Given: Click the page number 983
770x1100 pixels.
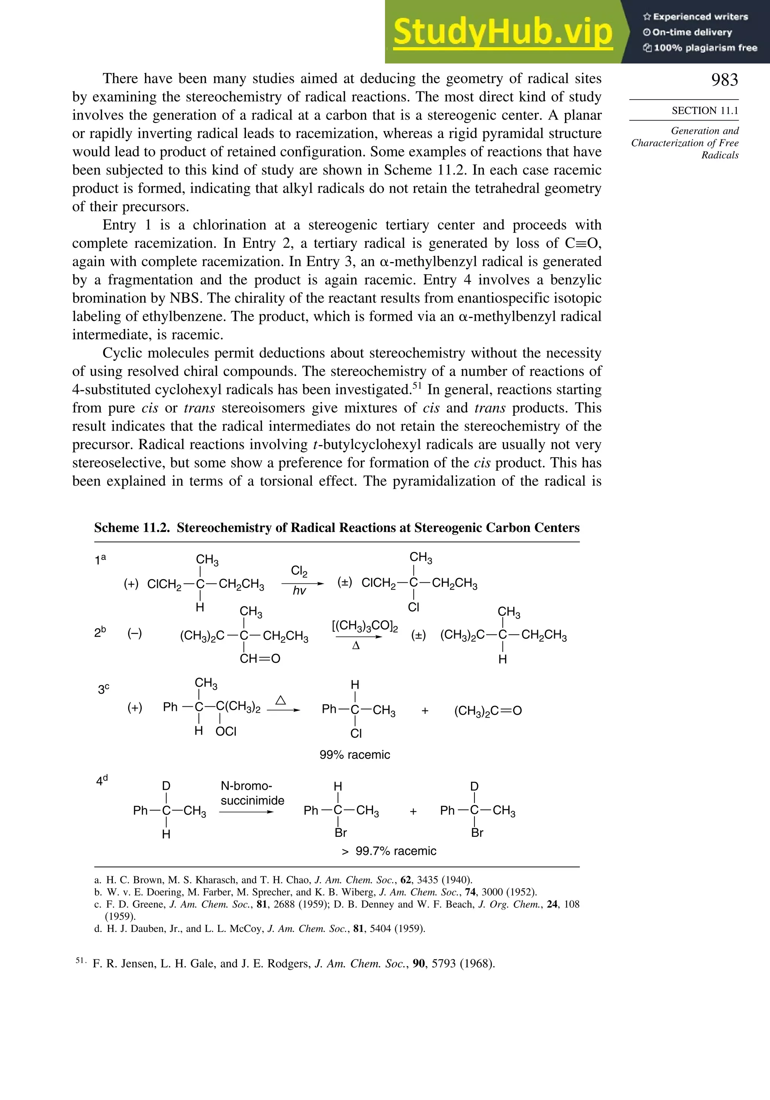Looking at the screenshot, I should point(724,80).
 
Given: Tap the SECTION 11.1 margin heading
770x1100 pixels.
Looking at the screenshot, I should point(704,111).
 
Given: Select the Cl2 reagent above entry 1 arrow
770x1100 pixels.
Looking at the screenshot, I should point(299,571).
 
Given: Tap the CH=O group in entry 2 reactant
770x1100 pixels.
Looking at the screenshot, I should point(260,659).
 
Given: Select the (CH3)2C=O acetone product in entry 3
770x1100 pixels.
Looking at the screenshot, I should point(488,711).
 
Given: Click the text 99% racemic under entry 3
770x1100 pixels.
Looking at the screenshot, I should point(355,755).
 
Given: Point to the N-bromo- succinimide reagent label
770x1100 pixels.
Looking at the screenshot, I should point(252,793).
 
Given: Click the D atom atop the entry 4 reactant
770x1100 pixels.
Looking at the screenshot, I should point(166,786).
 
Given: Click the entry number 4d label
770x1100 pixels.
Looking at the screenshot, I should point(102,780).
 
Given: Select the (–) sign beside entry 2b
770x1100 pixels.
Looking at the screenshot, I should point(135,633).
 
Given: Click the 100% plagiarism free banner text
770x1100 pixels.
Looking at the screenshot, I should point(700,48).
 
